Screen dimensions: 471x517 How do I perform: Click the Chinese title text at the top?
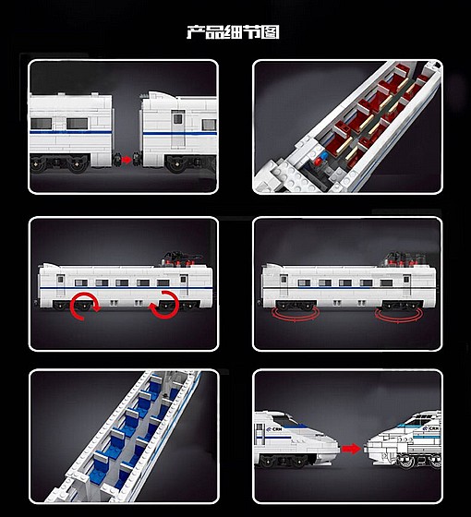233,32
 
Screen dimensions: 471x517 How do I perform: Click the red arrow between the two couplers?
127,160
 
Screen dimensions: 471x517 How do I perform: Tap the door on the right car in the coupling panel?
177,129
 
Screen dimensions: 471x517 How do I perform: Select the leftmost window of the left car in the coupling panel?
41,124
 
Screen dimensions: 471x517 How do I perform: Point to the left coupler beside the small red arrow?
117,160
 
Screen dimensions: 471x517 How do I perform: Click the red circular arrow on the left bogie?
85,306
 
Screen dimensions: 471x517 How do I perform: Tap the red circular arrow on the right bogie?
164,305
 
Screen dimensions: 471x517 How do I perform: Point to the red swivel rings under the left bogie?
296,314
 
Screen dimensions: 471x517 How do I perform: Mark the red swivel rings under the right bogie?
399,315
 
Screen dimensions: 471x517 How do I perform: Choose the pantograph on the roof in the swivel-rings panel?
403,259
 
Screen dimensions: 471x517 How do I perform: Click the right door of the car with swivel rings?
406,285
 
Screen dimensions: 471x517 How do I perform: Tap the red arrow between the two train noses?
352,449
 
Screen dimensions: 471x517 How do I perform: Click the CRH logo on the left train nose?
274,429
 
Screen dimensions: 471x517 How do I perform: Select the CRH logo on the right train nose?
430,428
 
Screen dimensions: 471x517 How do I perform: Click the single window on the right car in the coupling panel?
209,125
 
